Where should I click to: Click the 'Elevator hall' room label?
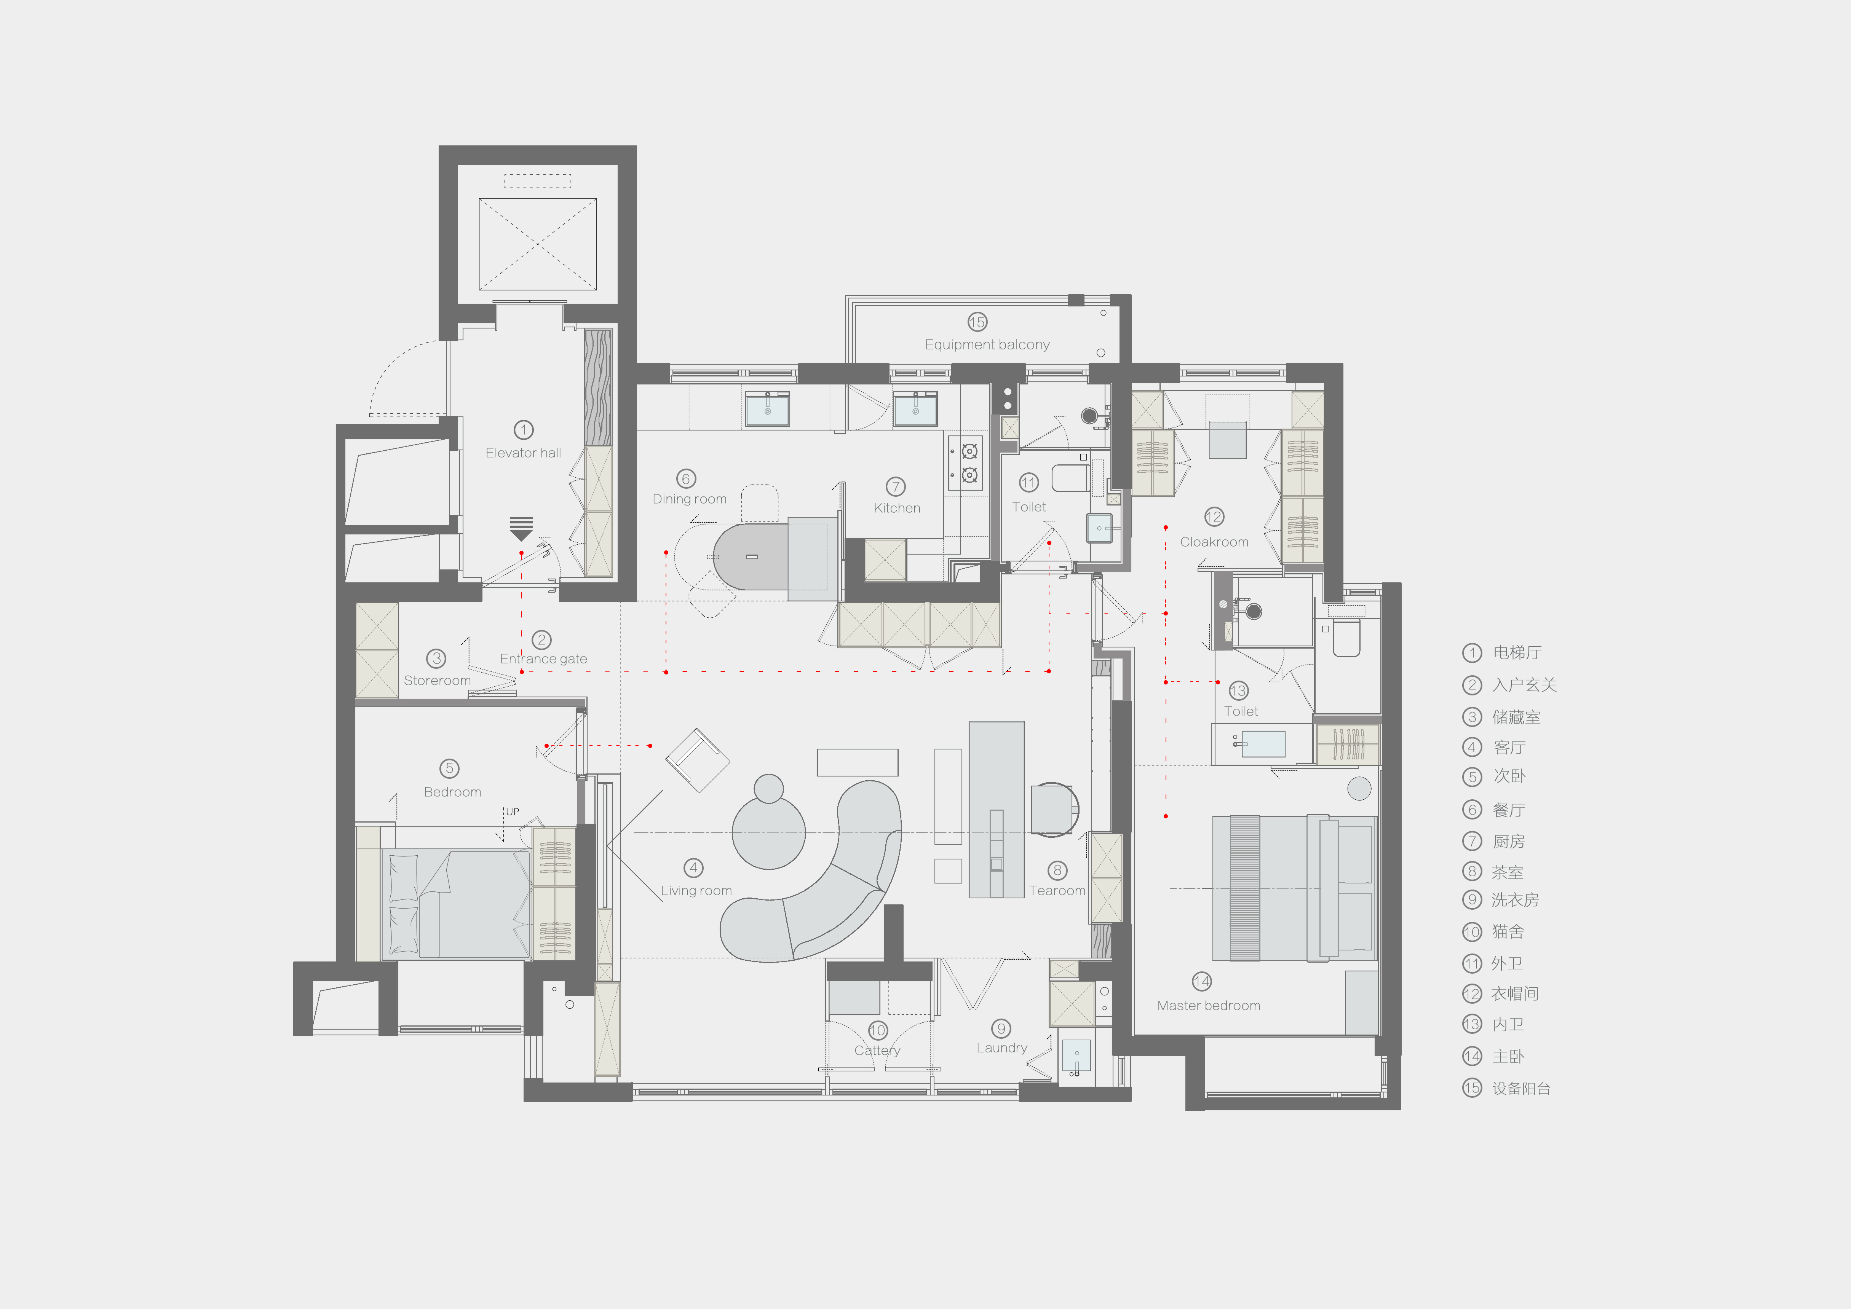click(x=523, y=453)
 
